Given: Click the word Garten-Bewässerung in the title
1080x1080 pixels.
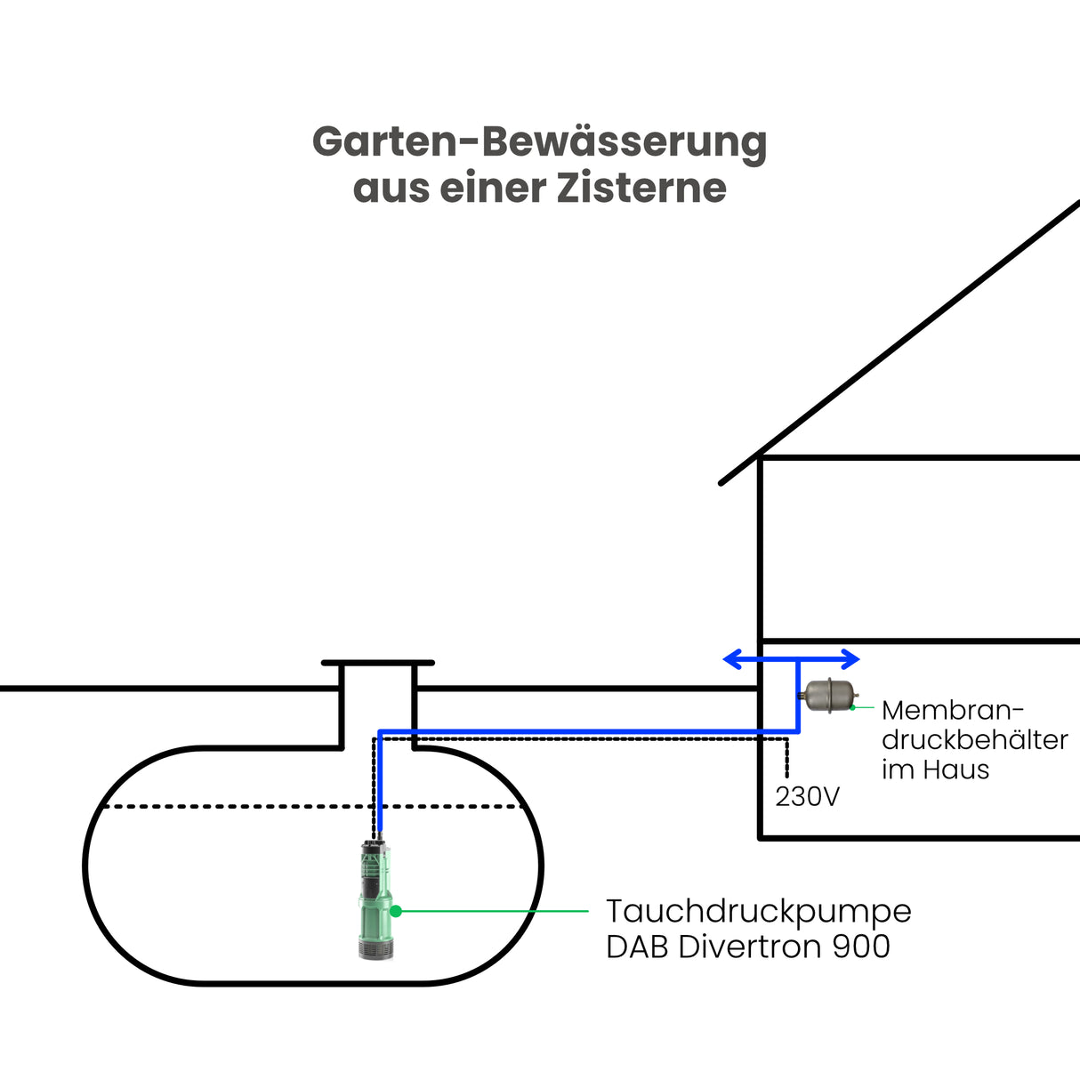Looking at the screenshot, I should click(539, 142).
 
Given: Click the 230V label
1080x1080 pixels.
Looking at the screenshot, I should click(807, 797).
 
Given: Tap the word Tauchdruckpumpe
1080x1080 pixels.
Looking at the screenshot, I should click(758, 912).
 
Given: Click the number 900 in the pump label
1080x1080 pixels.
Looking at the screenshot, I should click(861, 947).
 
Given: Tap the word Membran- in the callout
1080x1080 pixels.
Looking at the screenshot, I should click(953, 711).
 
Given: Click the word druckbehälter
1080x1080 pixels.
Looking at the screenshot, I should click(975, 740).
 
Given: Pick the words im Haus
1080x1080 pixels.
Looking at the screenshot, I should click(935, 770).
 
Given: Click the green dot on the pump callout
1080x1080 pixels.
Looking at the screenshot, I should click(397, 911).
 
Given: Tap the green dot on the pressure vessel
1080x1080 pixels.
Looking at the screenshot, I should click(852, 707).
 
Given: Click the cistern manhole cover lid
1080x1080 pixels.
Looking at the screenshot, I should click(378, 663).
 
